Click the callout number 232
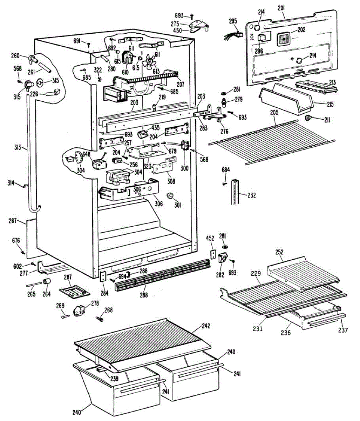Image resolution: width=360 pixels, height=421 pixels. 251,195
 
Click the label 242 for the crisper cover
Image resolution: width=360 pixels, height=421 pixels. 206,326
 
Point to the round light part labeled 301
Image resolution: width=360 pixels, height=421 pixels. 170,196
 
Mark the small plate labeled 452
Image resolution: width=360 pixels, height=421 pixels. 212,254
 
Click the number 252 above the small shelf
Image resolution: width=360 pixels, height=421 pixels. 279,252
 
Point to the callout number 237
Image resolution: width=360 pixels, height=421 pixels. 343,330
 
